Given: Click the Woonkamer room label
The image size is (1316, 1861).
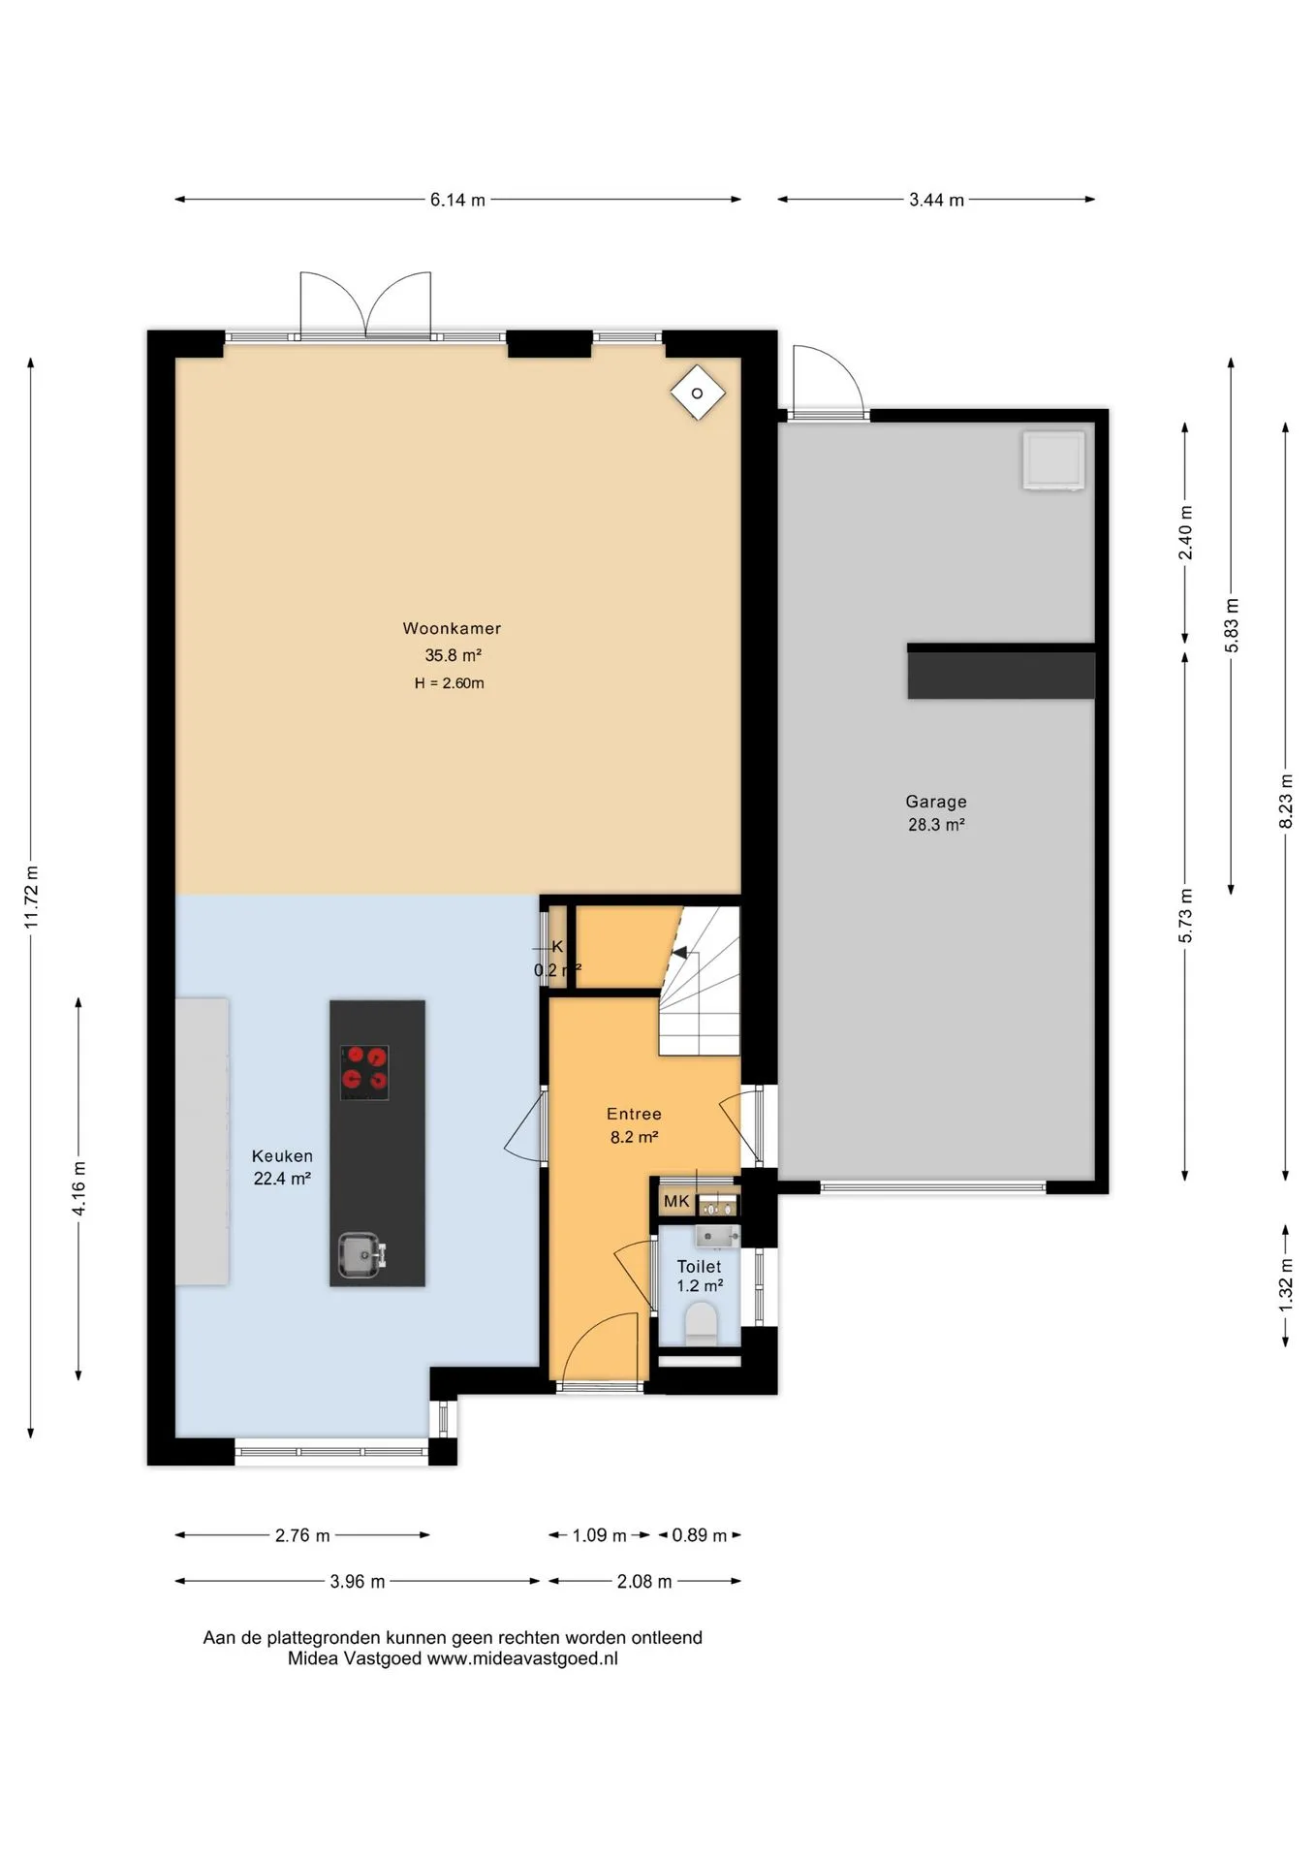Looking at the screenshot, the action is click(x=452, y=628).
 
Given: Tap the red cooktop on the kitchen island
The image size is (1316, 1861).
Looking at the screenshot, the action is click(x=364, y=1072).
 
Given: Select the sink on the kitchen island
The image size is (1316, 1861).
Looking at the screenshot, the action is click(x=361, y=1255).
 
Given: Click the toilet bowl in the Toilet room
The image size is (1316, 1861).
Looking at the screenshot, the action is click(x=701, y=1324).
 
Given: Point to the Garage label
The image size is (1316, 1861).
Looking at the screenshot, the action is click(x=936, y=802).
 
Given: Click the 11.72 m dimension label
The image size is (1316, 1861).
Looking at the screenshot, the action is click(x=32, y=897).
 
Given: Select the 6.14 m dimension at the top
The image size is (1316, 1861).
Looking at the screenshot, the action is click(x=457, y=200).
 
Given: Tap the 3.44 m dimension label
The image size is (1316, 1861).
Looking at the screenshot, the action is click(x=936, y=200).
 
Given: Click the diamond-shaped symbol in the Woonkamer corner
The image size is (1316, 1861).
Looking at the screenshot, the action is click(x=698, y=393).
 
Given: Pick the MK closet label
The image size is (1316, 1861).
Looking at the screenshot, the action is click(x=676, y=1202).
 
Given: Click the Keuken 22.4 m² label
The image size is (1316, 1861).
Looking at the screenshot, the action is click(x=282, y=1167).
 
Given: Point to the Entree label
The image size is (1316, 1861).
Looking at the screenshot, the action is click(x=634, y=1115).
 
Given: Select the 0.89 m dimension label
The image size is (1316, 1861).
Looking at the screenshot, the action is click(x=700, y=1535).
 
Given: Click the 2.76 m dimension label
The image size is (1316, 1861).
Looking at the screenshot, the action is click(x=302, y=1535).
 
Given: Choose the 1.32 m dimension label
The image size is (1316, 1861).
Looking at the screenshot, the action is click(x=1286, y=1285).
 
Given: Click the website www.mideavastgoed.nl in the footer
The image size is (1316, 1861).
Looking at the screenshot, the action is click(x=522, y=1658).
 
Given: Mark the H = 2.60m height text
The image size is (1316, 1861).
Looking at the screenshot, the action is click(x=449, y=683).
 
